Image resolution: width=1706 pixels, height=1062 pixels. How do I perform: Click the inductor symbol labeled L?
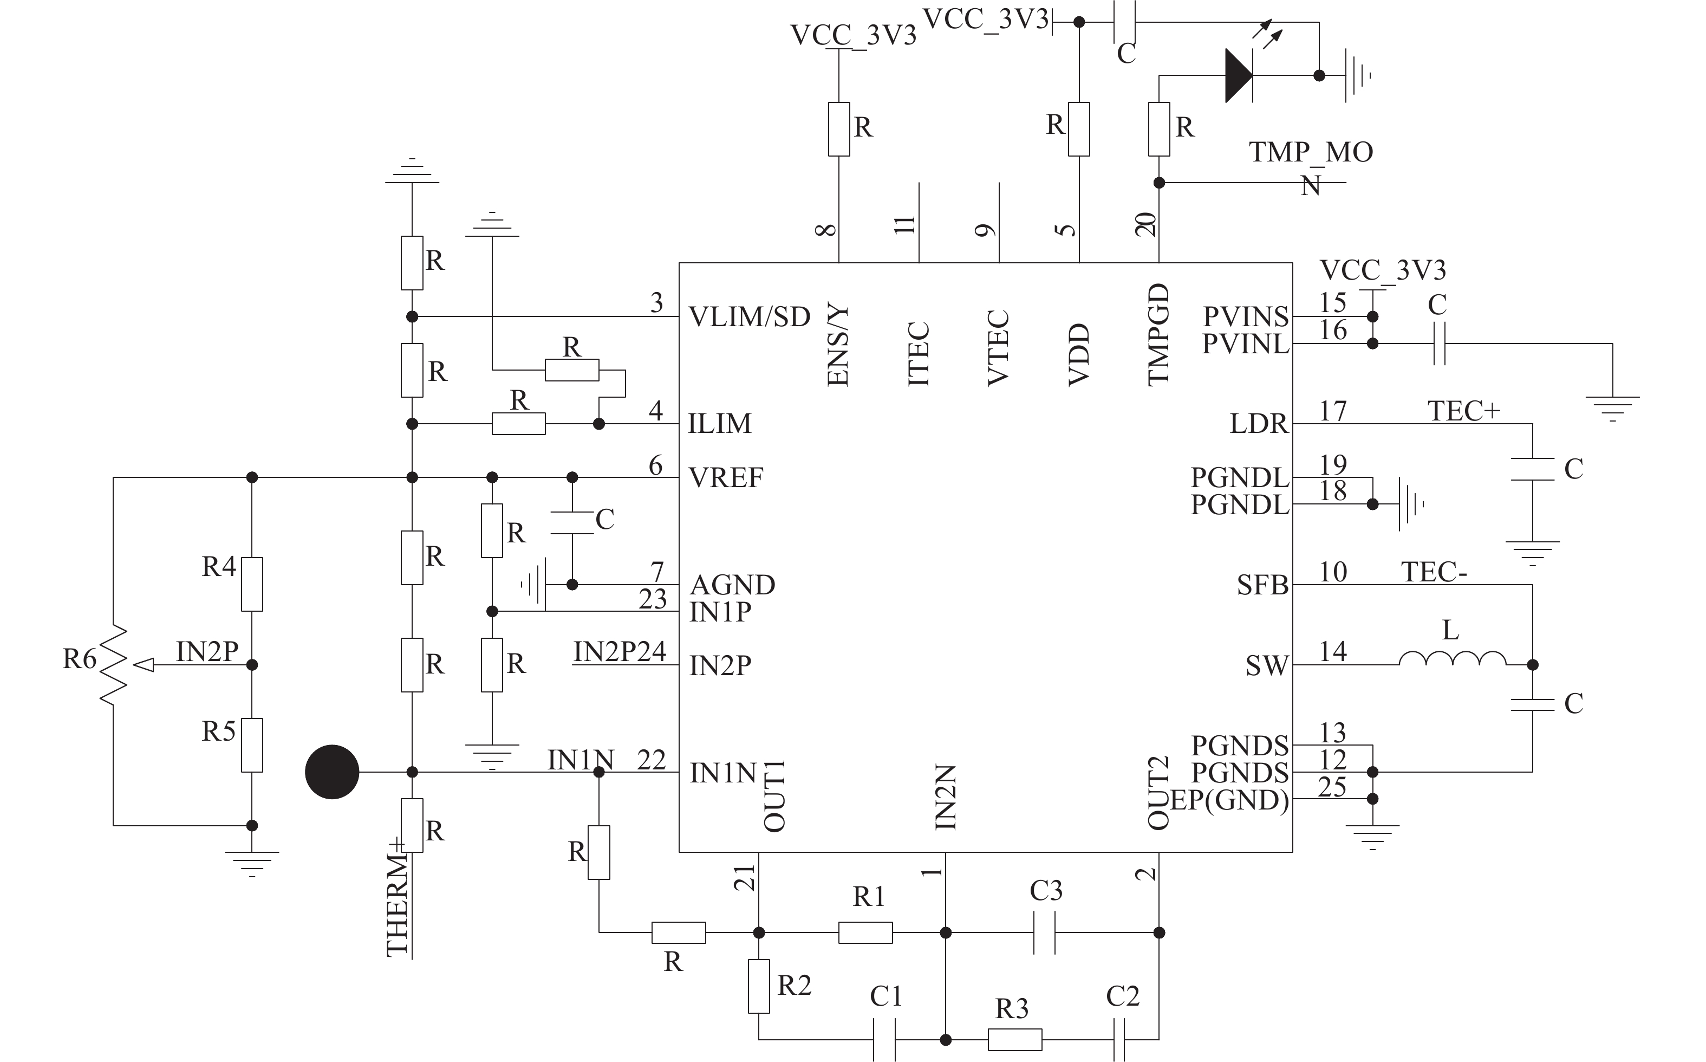coord(1452,658)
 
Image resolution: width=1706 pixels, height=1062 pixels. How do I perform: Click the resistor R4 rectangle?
coord(252,585)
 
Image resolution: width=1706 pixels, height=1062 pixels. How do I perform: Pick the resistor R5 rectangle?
coord(252,745)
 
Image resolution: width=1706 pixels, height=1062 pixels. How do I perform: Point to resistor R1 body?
coord(865,933)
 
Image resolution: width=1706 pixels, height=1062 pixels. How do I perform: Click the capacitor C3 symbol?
coord(1044,933)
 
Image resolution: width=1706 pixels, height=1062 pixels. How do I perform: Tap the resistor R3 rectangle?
coord(1014,1040)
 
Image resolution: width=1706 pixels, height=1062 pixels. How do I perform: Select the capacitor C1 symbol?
coord(884,1040)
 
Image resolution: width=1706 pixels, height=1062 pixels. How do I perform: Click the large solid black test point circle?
coord(332,772)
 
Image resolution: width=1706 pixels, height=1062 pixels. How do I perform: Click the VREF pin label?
coord(726,477)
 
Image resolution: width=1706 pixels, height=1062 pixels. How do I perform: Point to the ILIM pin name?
coord(720,424)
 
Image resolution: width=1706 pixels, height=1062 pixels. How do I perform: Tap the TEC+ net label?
coord(1464,410)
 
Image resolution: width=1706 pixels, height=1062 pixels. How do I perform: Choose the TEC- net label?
coord(1434,572)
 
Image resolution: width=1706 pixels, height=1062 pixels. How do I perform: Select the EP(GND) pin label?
coord(1229,800)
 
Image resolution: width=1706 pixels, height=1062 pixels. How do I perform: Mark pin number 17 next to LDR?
coord(1332,411)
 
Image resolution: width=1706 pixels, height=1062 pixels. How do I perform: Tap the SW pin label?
coord(1267,665)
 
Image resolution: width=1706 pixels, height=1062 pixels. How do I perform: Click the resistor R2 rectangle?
coord(759,986)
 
